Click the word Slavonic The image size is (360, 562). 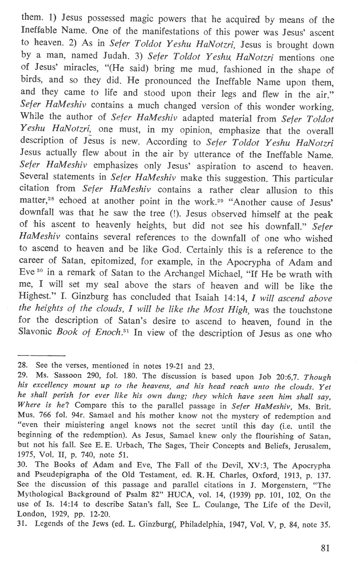[36, 332]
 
